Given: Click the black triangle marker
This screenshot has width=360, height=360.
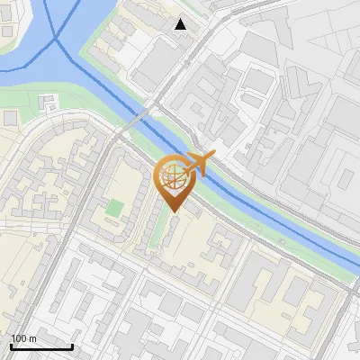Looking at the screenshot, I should tap(181, 24).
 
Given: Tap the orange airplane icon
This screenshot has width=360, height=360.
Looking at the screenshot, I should tap(197, 164).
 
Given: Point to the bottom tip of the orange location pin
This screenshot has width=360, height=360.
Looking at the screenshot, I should tap(173, 212).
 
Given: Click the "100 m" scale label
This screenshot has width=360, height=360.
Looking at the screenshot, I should tap(23, 338).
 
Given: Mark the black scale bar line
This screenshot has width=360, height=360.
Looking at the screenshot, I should tap(41, 346).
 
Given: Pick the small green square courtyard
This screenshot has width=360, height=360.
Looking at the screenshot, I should tap(114, 208).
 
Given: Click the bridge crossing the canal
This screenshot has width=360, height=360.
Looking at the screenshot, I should tap(139, 117).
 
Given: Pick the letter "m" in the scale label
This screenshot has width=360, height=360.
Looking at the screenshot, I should tap(32, 338).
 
